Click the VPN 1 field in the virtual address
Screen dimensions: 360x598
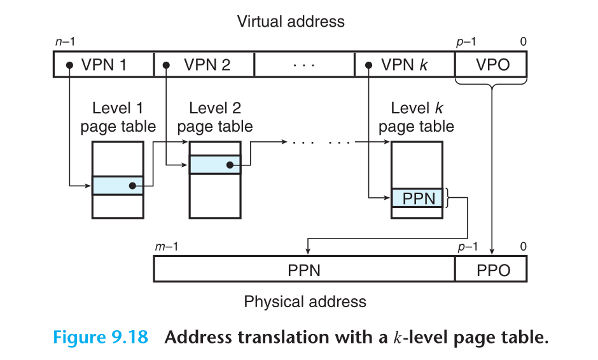[x=104, y=65]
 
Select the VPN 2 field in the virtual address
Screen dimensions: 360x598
[x=204, y=65]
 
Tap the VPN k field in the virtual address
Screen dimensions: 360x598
[x=405, y=65]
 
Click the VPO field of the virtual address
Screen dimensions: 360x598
[x=492, y=65]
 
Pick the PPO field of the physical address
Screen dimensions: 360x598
[x=492, y=270]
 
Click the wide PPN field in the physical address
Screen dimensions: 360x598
[x=304, y=270]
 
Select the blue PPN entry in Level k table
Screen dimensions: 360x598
[x=417, y=198]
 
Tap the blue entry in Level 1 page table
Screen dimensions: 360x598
[x=118, y=186]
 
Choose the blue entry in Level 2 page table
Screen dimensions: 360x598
[x=215, y=165]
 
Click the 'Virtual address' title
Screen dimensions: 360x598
[x=291, y=21]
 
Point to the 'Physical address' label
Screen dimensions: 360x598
[x=305, y=301]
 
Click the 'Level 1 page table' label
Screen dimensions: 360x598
[x=118, y=117]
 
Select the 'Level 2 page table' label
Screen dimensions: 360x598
[x=215, y=117]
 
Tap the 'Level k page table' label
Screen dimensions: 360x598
[x=417, y=117]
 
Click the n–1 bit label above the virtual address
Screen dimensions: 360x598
[x=66, y=42]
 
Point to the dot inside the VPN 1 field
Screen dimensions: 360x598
[x=67, y=65]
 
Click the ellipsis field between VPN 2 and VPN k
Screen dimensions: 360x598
[x=304, y=65]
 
